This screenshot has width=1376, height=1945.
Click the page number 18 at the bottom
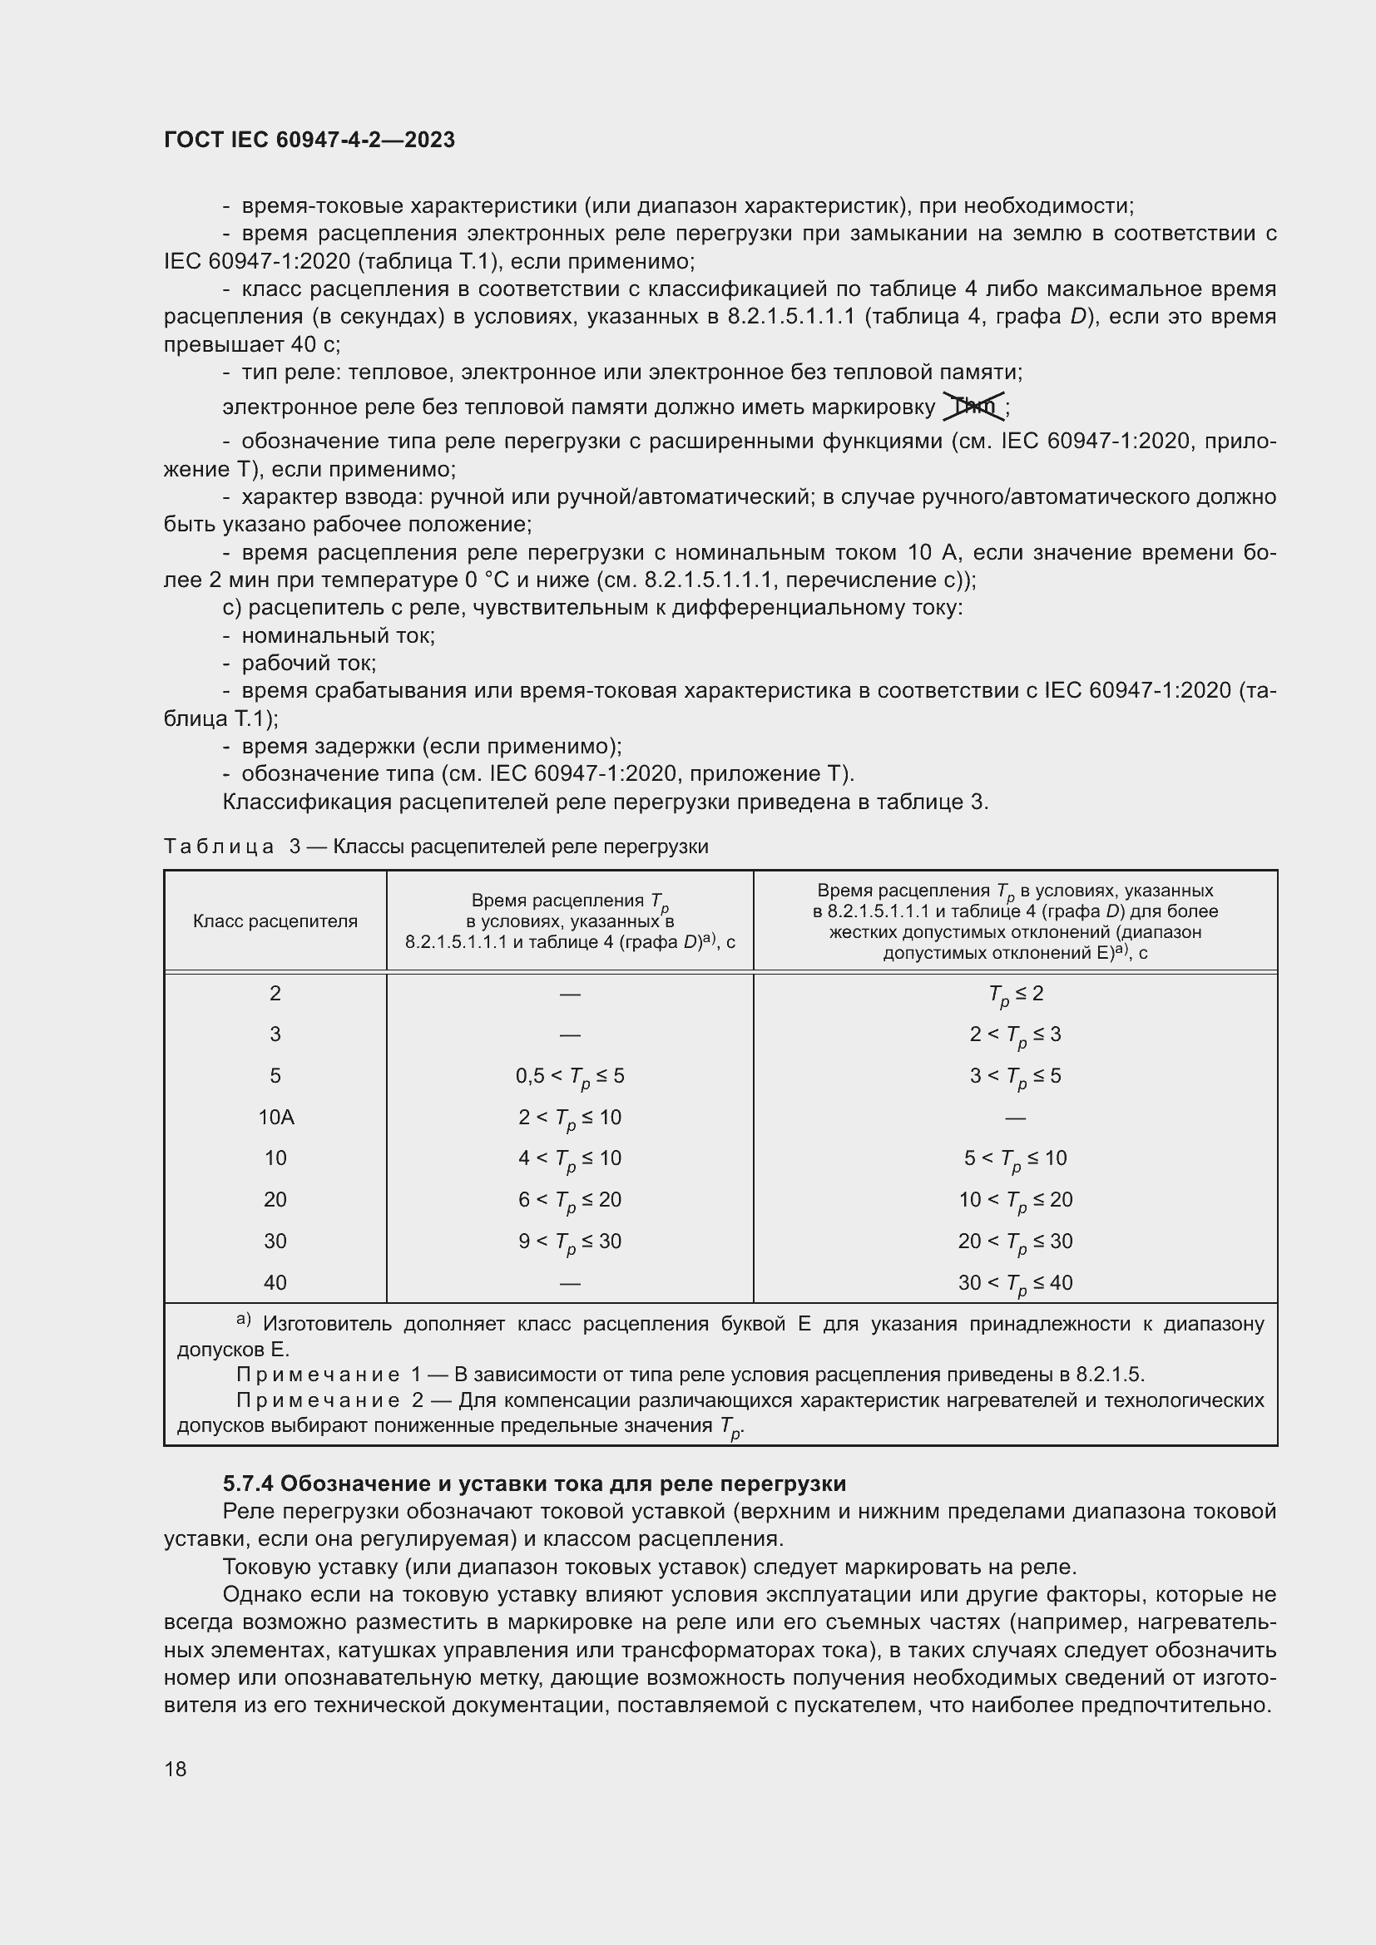point(176,1769)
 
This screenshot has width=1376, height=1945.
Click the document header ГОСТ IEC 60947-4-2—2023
point(309,140)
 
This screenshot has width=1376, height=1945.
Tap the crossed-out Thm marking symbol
point(973,407)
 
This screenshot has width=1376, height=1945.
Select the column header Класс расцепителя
point(275,921)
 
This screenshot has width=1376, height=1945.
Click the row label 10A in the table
point(275,1118)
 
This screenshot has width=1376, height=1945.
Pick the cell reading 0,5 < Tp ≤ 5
point(569,1077)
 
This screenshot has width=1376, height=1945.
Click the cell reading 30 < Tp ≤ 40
point(1015,1283)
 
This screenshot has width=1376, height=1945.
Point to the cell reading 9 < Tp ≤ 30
point(569,1242)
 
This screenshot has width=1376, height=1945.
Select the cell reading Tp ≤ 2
point(1015,995)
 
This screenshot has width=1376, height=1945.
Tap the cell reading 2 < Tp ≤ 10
point(569,1118)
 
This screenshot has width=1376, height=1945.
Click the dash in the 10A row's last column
point(1015,1118)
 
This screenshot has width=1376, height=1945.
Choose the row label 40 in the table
point(275,1282)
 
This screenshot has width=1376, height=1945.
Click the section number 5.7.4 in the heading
point(248,1483)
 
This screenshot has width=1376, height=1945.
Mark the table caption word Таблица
point(219,847)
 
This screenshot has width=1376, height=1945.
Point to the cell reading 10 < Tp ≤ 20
point(1015,1201)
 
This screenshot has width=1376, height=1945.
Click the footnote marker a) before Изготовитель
point(243,1320)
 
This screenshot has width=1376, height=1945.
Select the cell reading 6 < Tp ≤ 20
point(569,1201)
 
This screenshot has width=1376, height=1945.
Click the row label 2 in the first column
point(275,993)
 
